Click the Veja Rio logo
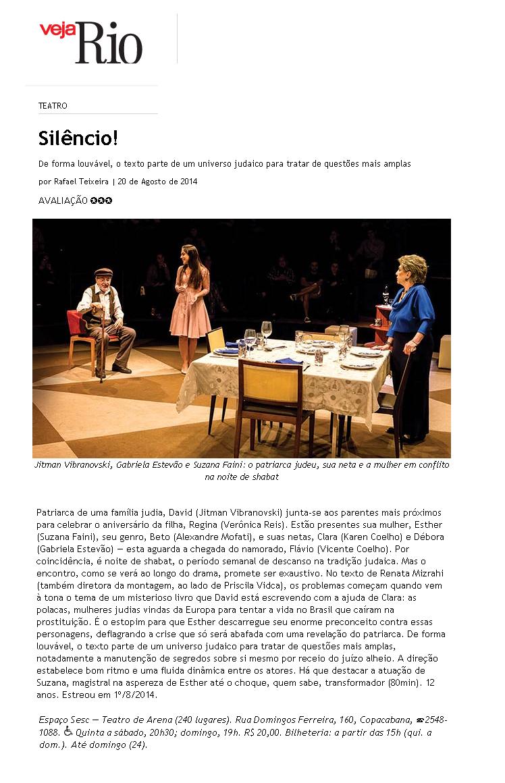point(91,41)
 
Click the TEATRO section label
point(53,106)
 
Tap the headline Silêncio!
point(78,138)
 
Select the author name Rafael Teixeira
point(81,182)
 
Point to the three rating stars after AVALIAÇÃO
point(101,200)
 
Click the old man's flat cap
point(103,272)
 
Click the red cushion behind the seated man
point(76,322)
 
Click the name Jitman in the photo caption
point(50,465)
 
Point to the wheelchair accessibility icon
point(68,730)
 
